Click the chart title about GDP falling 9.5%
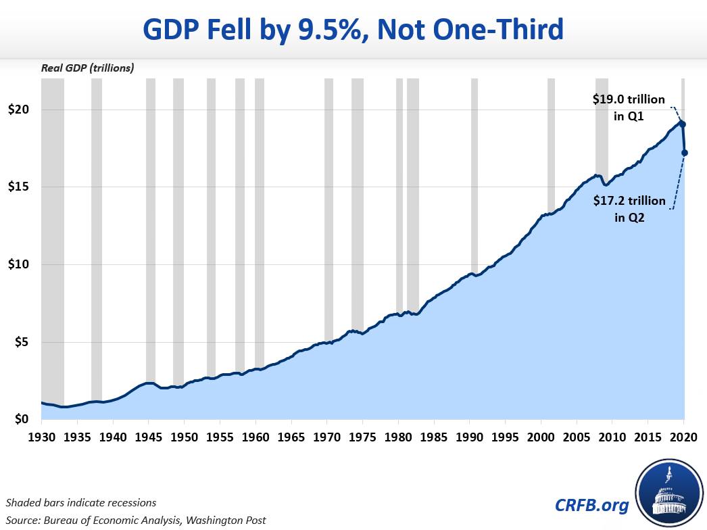click(x=353, y=30)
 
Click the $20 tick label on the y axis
click(x=20, y=110)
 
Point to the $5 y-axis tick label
click(x=22, y=342)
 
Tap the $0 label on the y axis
click(x=22, y=420)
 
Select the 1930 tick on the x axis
click(x=42, y=437)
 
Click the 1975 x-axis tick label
click(x=363, y=437)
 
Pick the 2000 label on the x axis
click(x=541, y=437)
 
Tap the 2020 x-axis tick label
click(x=683, y=437)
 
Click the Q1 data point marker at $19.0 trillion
click(x=683, y=124)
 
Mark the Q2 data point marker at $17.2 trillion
click(x=685, y=153)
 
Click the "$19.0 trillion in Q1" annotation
click(x=624, y=107)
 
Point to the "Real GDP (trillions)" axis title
click(x=87, y=68)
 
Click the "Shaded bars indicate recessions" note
click(x=81, y=502)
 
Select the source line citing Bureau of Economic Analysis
click(x=136, y=520)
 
